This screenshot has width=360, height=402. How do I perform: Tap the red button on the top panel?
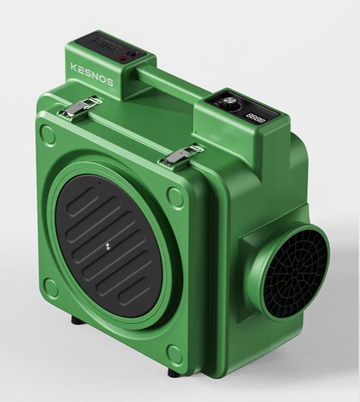click(121, 59)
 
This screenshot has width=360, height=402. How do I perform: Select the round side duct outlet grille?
click(293, 270)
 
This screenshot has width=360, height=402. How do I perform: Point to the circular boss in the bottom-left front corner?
click(50, 285)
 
